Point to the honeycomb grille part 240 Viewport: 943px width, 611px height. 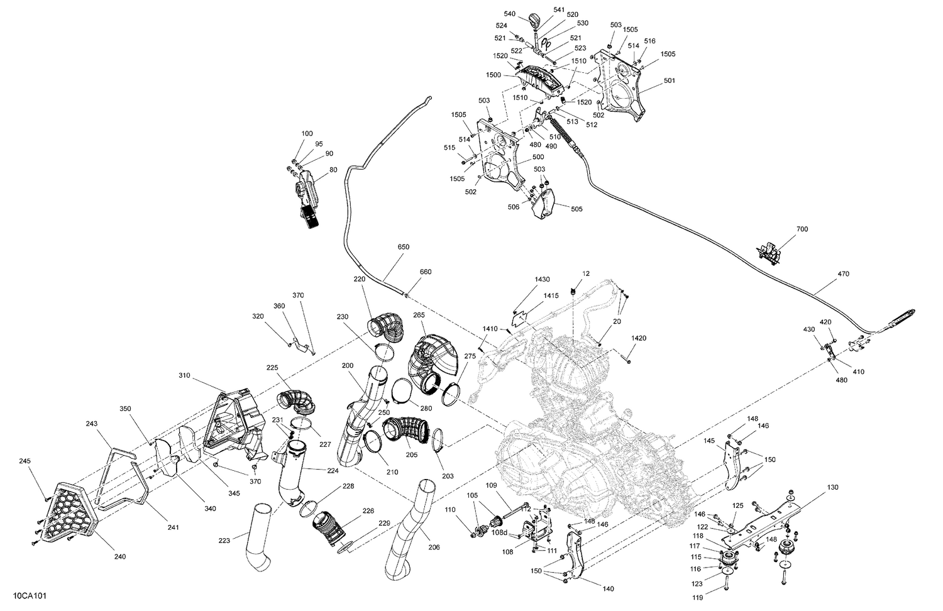point(62,510)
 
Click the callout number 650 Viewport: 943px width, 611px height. point(403,247)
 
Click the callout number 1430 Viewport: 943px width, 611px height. point(542,279)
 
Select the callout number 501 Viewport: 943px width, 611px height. point(669,81)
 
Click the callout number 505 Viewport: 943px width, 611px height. point(576,210)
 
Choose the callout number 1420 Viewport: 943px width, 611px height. point(638,338)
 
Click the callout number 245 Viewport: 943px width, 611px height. point(25,461)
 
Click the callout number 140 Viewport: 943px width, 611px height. point(607,589)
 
